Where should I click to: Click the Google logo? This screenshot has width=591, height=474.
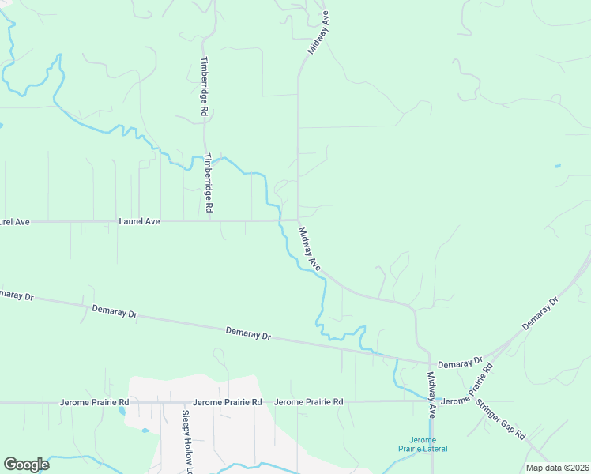tap(27, 464)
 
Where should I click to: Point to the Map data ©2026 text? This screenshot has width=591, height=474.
tap(557, 468)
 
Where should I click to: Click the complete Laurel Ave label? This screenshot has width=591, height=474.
tap(139, 222)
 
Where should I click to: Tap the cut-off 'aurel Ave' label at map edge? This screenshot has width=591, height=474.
tap(14, 222)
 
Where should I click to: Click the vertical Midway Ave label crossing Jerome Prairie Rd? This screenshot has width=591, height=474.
tap(432, 395)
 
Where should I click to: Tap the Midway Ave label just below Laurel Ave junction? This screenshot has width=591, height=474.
tap(309, 249)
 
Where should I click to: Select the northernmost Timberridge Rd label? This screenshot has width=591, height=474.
tap(203, 87)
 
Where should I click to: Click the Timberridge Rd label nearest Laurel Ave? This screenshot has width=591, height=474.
tap(209, 182)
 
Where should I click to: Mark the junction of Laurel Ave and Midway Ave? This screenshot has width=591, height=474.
tap(298, 221)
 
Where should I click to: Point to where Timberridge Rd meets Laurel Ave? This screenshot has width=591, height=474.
tap(209, 221)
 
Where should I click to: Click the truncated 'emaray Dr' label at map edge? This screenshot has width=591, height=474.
tap(17, 295)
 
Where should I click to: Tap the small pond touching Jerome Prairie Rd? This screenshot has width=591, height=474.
tap(122, 409)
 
